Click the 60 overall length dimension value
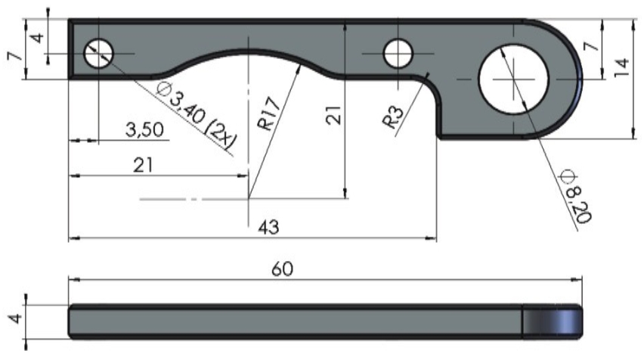click(x=282, y=269)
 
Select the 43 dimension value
click(x=269, y=227)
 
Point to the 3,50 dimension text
click(x=144, y=129)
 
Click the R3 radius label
click(x=392, y=116)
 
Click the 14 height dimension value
click(x=622, y=68)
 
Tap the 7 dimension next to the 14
click(x=591, y=46)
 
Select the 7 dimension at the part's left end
click(x=16, y=56)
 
